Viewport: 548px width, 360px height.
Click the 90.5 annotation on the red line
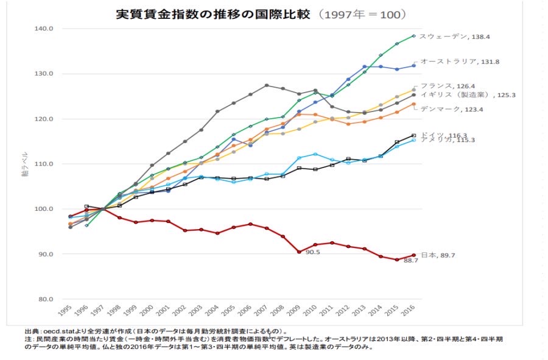click(x=313, y=252)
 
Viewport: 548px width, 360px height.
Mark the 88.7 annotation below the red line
click(x=412, y=261)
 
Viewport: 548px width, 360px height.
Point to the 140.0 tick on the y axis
click(x=45, y=28)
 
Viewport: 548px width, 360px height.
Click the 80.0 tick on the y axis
click(x=45, y=299)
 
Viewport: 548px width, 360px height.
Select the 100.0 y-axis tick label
click(x=45, y=209)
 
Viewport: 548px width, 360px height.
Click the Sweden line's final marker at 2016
click(x=413, y=36)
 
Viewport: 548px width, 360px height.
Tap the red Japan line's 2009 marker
click(x=299, y=252)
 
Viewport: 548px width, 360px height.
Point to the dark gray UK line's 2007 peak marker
click(x=266, y=85)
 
